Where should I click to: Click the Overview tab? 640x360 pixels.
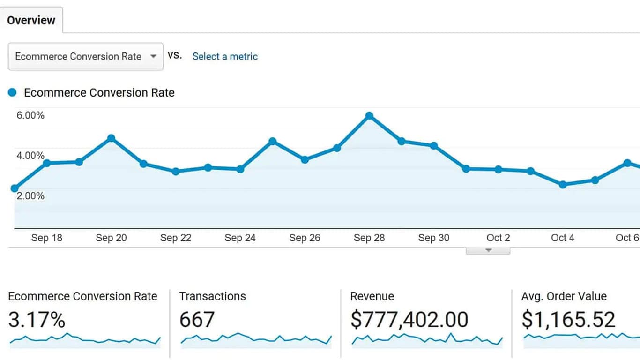31,20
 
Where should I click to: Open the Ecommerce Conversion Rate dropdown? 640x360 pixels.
85,56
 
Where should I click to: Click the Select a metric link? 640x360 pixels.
225,56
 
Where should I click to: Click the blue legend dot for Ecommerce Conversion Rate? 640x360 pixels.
13,92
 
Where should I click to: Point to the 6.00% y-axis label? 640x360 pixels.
30,115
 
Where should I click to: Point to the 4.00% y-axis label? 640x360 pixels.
30,156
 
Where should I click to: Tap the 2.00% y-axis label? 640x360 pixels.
30,196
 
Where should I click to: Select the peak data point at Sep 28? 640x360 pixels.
369,115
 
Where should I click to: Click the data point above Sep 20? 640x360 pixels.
111,138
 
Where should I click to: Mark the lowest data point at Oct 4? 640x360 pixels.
563,185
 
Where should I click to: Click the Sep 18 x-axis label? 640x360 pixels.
46,238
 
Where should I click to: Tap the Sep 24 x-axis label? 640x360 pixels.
240,238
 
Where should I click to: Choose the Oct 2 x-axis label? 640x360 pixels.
498,238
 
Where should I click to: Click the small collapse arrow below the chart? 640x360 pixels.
488,250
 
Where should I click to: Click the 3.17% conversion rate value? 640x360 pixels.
37,320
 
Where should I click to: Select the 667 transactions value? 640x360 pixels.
197,320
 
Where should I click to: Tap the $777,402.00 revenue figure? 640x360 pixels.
409,320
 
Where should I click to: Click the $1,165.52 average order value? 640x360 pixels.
568,320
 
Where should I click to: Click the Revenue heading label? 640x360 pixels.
372,296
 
